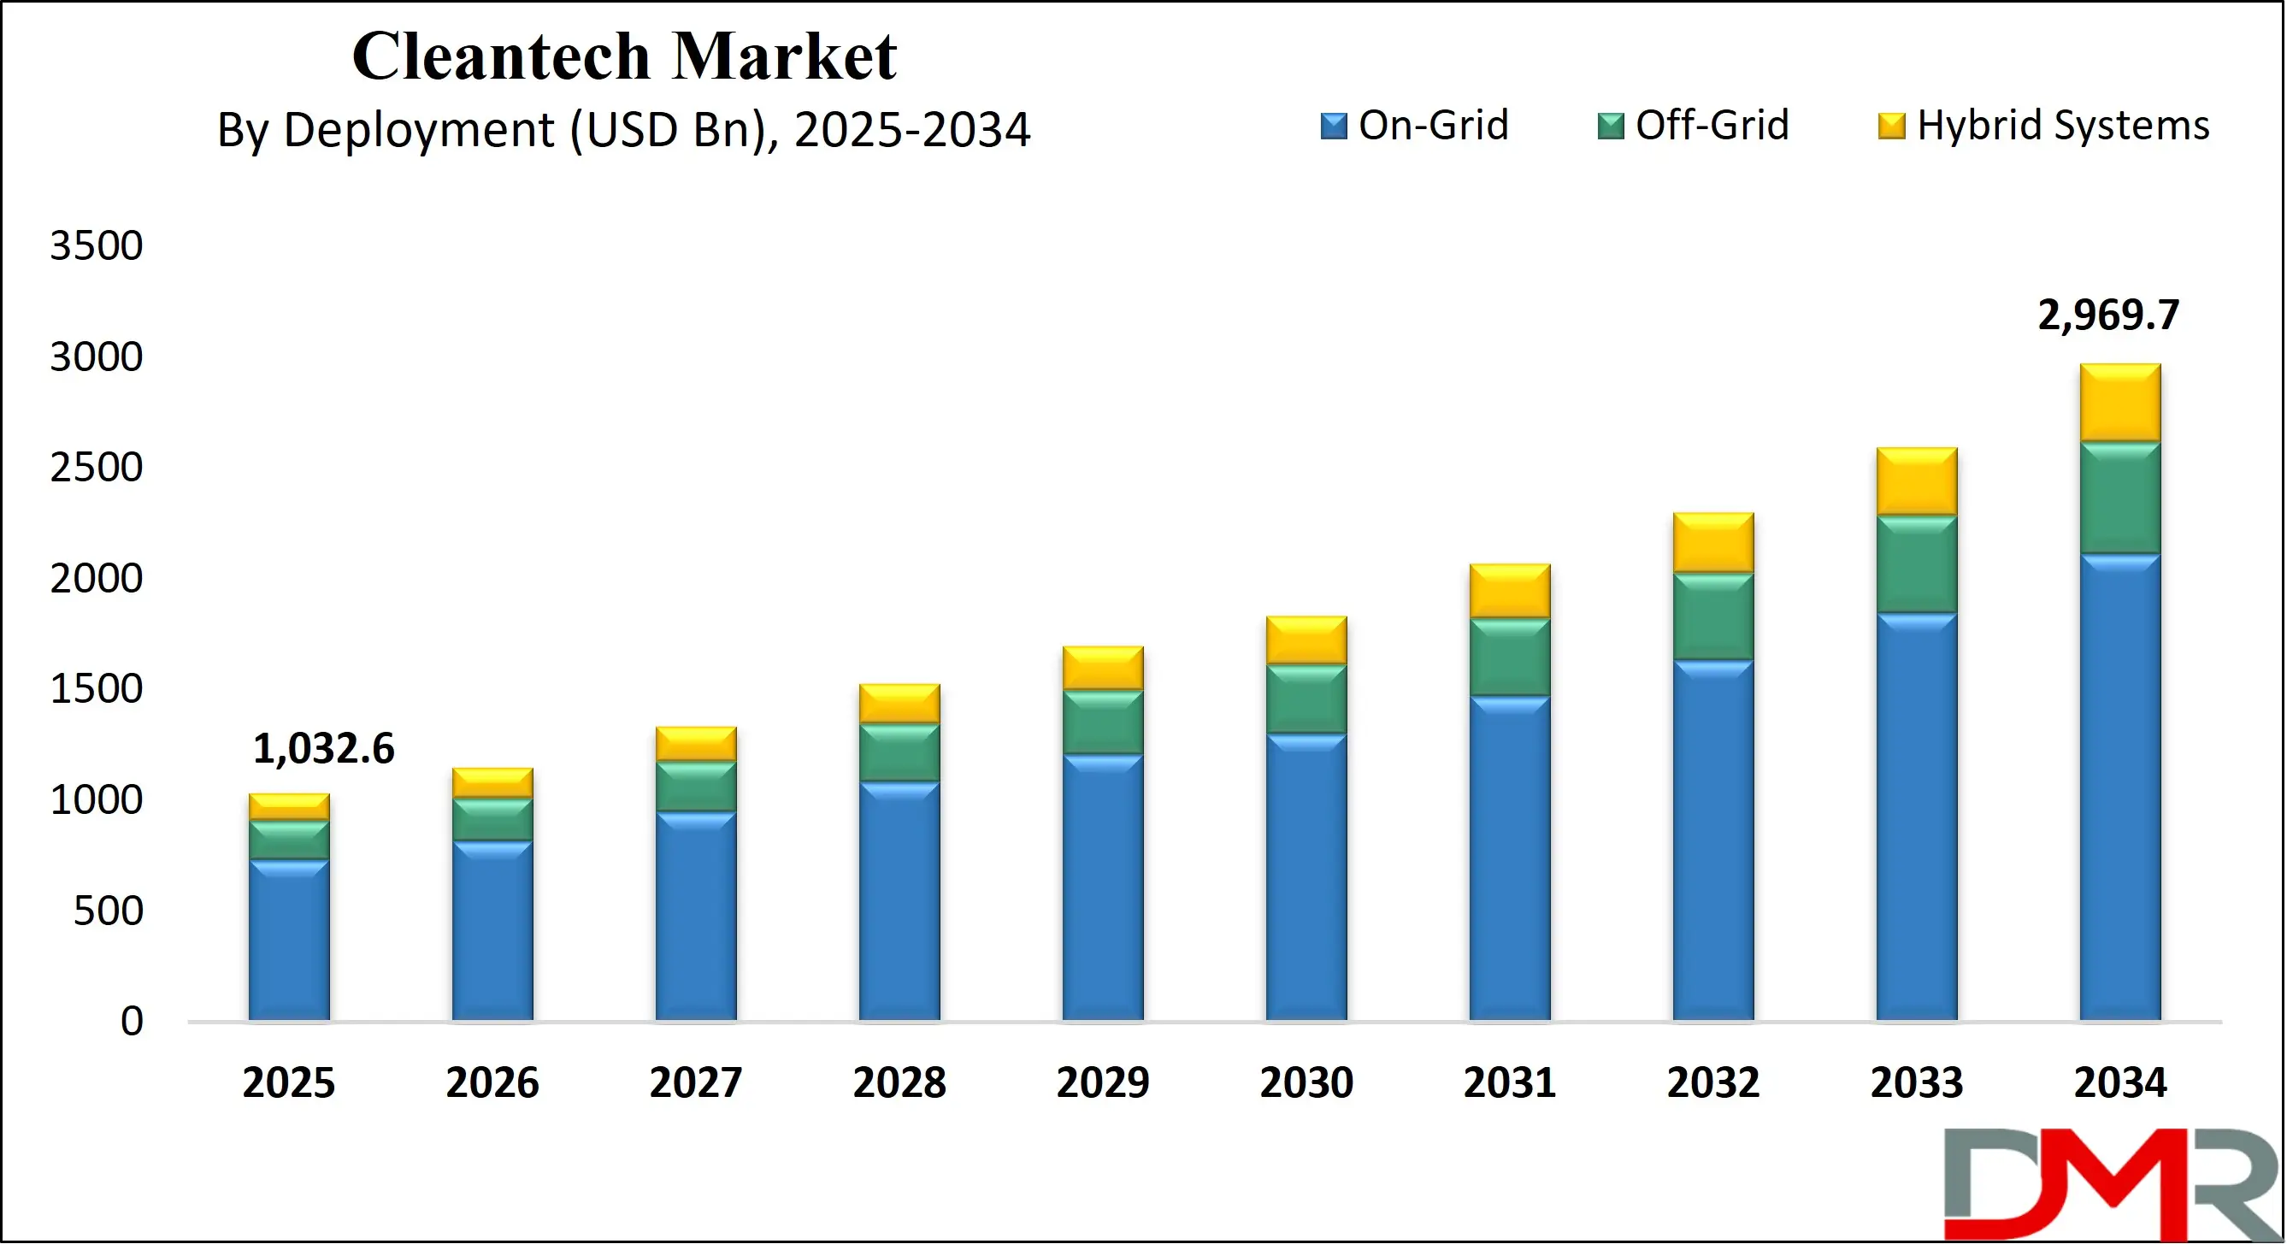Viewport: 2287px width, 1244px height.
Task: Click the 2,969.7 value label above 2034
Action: click(2107, 315)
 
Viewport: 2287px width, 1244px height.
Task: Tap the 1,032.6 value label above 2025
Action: click(323, 748)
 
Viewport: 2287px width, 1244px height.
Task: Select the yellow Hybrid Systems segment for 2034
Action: click(2119, 402)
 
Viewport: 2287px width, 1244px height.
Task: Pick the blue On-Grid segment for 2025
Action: click(288, 940)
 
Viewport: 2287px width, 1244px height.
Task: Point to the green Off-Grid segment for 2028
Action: click(899, 752)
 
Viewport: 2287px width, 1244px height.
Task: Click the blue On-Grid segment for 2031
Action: click(1508, 858)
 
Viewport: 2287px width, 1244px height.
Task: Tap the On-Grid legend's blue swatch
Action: click(1333, 126)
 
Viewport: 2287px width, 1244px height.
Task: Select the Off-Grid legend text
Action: click(1711, 125)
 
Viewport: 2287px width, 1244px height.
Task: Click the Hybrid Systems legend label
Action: click(2062, 125)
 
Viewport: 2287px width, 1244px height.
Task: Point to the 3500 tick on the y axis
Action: click(96, 246)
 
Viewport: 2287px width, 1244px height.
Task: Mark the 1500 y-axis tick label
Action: click(96, 689)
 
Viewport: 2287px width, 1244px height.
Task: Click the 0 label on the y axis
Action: click(132, 1021)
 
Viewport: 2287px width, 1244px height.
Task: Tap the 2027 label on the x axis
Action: click(695, 1082)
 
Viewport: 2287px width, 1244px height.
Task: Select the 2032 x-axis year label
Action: click(1712, 1082)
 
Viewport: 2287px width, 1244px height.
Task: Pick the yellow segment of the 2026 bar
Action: click(492, 782)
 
